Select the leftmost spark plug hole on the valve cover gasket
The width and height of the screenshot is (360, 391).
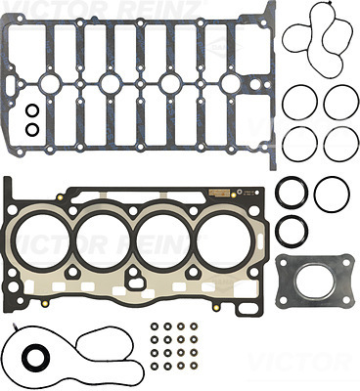click(50, 84)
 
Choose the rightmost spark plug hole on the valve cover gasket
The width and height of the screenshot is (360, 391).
click(231, 84)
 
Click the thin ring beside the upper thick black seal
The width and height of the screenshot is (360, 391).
click(332, 193)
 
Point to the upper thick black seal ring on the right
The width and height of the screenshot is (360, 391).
click(291, 193)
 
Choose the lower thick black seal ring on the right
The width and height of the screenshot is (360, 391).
click(291, 231)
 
